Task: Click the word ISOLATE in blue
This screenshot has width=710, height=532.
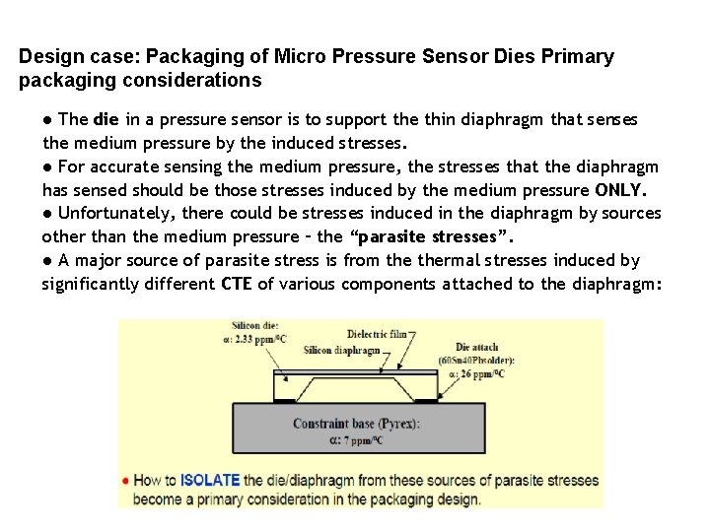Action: (210, 481)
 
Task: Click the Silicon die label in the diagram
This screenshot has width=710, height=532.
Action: (253, 326)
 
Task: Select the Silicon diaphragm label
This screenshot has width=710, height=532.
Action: (341, 350)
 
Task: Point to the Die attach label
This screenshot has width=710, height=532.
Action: (477, 348)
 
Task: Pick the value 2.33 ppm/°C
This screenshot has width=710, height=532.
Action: (261, 339)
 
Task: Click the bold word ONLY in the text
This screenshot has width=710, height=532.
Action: (619, 190)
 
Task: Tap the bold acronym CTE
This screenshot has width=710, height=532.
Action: (236, 285)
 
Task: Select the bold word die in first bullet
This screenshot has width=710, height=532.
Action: (106, 120)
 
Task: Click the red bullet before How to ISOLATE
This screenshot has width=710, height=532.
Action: (125, 481)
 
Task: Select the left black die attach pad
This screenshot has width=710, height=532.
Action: (283, 401)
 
